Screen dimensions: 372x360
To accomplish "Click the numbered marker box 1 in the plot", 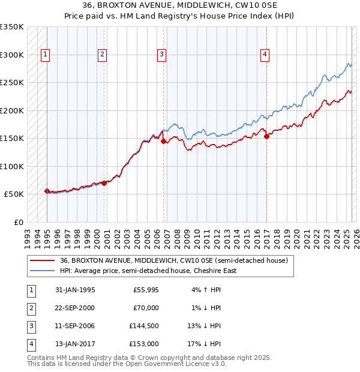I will pos(46,55).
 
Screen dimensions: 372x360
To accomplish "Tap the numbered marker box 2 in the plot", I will pos(103,55).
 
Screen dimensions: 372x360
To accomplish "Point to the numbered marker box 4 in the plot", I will pos(265,55).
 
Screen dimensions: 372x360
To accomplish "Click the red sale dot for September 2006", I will pos(163,142).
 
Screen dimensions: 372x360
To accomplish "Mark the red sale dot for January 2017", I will pos(266,137).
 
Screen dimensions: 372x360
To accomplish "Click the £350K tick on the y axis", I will pos(12,27).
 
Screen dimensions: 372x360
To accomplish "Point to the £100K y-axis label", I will pos(12,166).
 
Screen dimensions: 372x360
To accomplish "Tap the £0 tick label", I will pos(17,222).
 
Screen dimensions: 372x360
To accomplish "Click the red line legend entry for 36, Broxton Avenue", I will pos(174,260).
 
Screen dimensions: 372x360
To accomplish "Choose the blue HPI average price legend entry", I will pos(148,271).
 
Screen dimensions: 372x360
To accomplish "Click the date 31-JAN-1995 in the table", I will pos(75,290).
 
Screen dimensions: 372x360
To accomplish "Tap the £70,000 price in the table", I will pos(146,308).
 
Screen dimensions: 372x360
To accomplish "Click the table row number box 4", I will pos(31,344).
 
